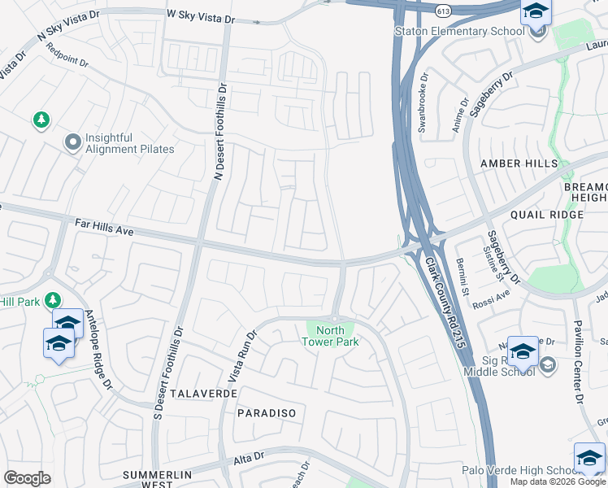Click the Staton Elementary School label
pos(458,32)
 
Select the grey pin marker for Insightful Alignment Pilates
pos(72,143)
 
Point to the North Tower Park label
pos(330,336)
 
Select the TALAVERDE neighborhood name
pos(204,393)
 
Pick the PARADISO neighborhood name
pos(267,413)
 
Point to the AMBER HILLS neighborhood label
pos(519,163)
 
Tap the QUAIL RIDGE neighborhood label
pos(547,215)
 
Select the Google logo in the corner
pos(27,478)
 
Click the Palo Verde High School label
pos(516,470)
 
